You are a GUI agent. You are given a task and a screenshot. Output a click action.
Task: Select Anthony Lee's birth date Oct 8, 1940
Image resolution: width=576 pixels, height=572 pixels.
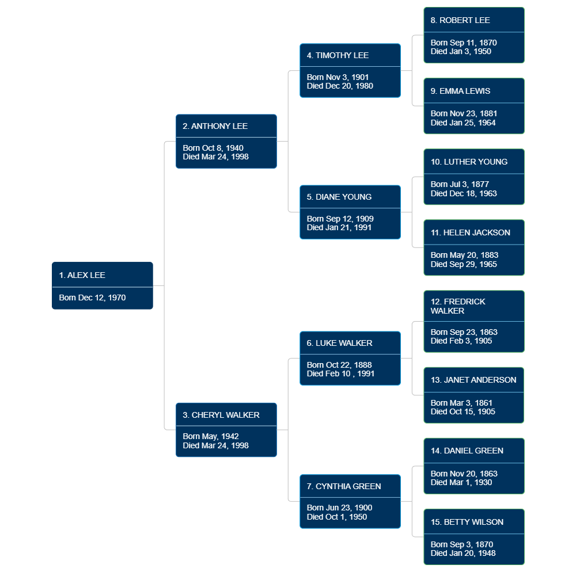tap(213, 148)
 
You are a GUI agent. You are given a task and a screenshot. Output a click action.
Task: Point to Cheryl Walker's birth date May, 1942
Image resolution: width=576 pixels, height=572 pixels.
tap(211, 436)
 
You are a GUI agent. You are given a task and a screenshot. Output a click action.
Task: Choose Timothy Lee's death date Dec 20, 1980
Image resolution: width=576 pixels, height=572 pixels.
tap(340, 86)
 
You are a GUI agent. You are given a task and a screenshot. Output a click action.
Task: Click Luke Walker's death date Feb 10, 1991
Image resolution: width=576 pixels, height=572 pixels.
tap(340, 373)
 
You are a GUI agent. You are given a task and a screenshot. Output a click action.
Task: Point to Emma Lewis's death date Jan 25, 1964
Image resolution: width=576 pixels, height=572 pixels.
tap(463, 123)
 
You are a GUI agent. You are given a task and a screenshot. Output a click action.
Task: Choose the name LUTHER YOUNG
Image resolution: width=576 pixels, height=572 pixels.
tap(469, 162)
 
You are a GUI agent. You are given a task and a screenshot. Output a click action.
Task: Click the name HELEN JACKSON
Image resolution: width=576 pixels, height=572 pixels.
tap(470, 232)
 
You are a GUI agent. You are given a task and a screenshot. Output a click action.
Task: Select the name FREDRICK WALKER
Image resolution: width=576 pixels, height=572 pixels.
tap(458, 306)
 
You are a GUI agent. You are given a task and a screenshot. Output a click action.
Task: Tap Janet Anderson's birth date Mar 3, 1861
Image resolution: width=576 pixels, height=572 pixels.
tap(461, 403)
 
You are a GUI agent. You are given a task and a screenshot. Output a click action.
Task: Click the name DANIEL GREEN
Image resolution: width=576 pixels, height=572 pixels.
tap(467, 451)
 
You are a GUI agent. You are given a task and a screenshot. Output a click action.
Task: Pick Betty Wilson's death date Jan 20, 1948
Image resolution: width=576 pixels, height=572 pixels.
tap(463, 553)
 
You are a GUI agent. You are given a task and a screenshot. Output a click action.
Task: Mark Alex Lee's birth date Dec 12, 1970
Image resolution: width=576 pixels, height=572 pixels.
tap(92, 298)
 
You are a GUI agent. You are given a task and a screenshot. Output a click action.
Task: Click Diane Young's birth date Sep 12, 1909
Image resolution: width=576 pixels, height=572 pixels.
tap(340, 219)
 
